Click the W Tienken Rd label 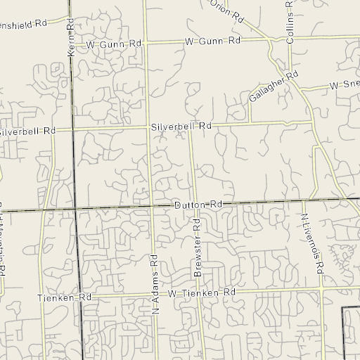pyautogui.click(x=200, y=292)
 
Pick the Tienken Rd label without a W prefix pyautogui.click(x=65, y=298)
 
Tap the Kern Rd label pyautogui.click(x=71, y=37)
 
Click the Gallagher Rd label pyautogui.click(x=274, y=86)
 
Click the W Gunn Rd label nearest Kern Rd pyautogui.click(x=115, y=44)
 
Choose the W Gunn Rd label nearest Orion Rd pyautogui.click(x=213, y=41)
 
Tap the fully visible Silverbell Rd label pyautogui.click(x=181, y=126)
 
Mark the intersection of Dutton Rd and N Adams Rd pyautogui.click(x=150, y=207)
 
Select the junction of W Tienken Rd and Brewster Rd pyautogui.click(x=199, y=291)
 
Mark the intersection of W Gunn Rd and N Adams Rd pyautogui.click(x=145, y=44)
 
